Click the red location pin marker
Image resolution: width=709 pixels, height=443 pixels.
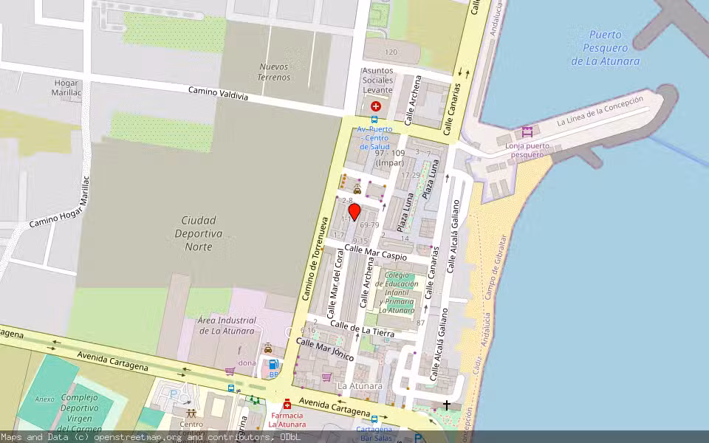(x=354, y=213)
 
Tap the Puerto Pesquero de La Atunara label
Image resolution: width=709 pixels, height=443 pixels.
(x=605, y=48)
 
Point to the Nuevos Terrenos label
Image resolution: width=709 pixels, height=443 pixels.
(x=275, y=72)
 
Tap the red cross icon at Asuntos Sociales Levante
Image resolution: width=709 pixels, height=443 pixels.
(x=376, y=106)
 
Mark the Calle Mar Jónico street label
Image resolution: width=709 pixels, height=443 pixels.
(x=325, y=349)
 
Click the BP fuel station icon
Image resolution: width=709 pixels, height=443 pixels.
(x=273, y=365)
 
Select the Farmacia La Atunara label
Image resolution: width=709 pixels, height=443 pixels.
(x=287, y=419)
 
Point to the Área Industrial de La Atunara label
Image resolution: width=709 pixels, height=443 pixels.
(x=227, y=326)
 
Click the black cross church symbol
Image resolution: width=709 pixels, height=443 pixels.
(x=447, y=405)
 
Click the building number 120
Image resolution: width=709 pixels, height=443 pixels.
(x=391, y=52)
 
